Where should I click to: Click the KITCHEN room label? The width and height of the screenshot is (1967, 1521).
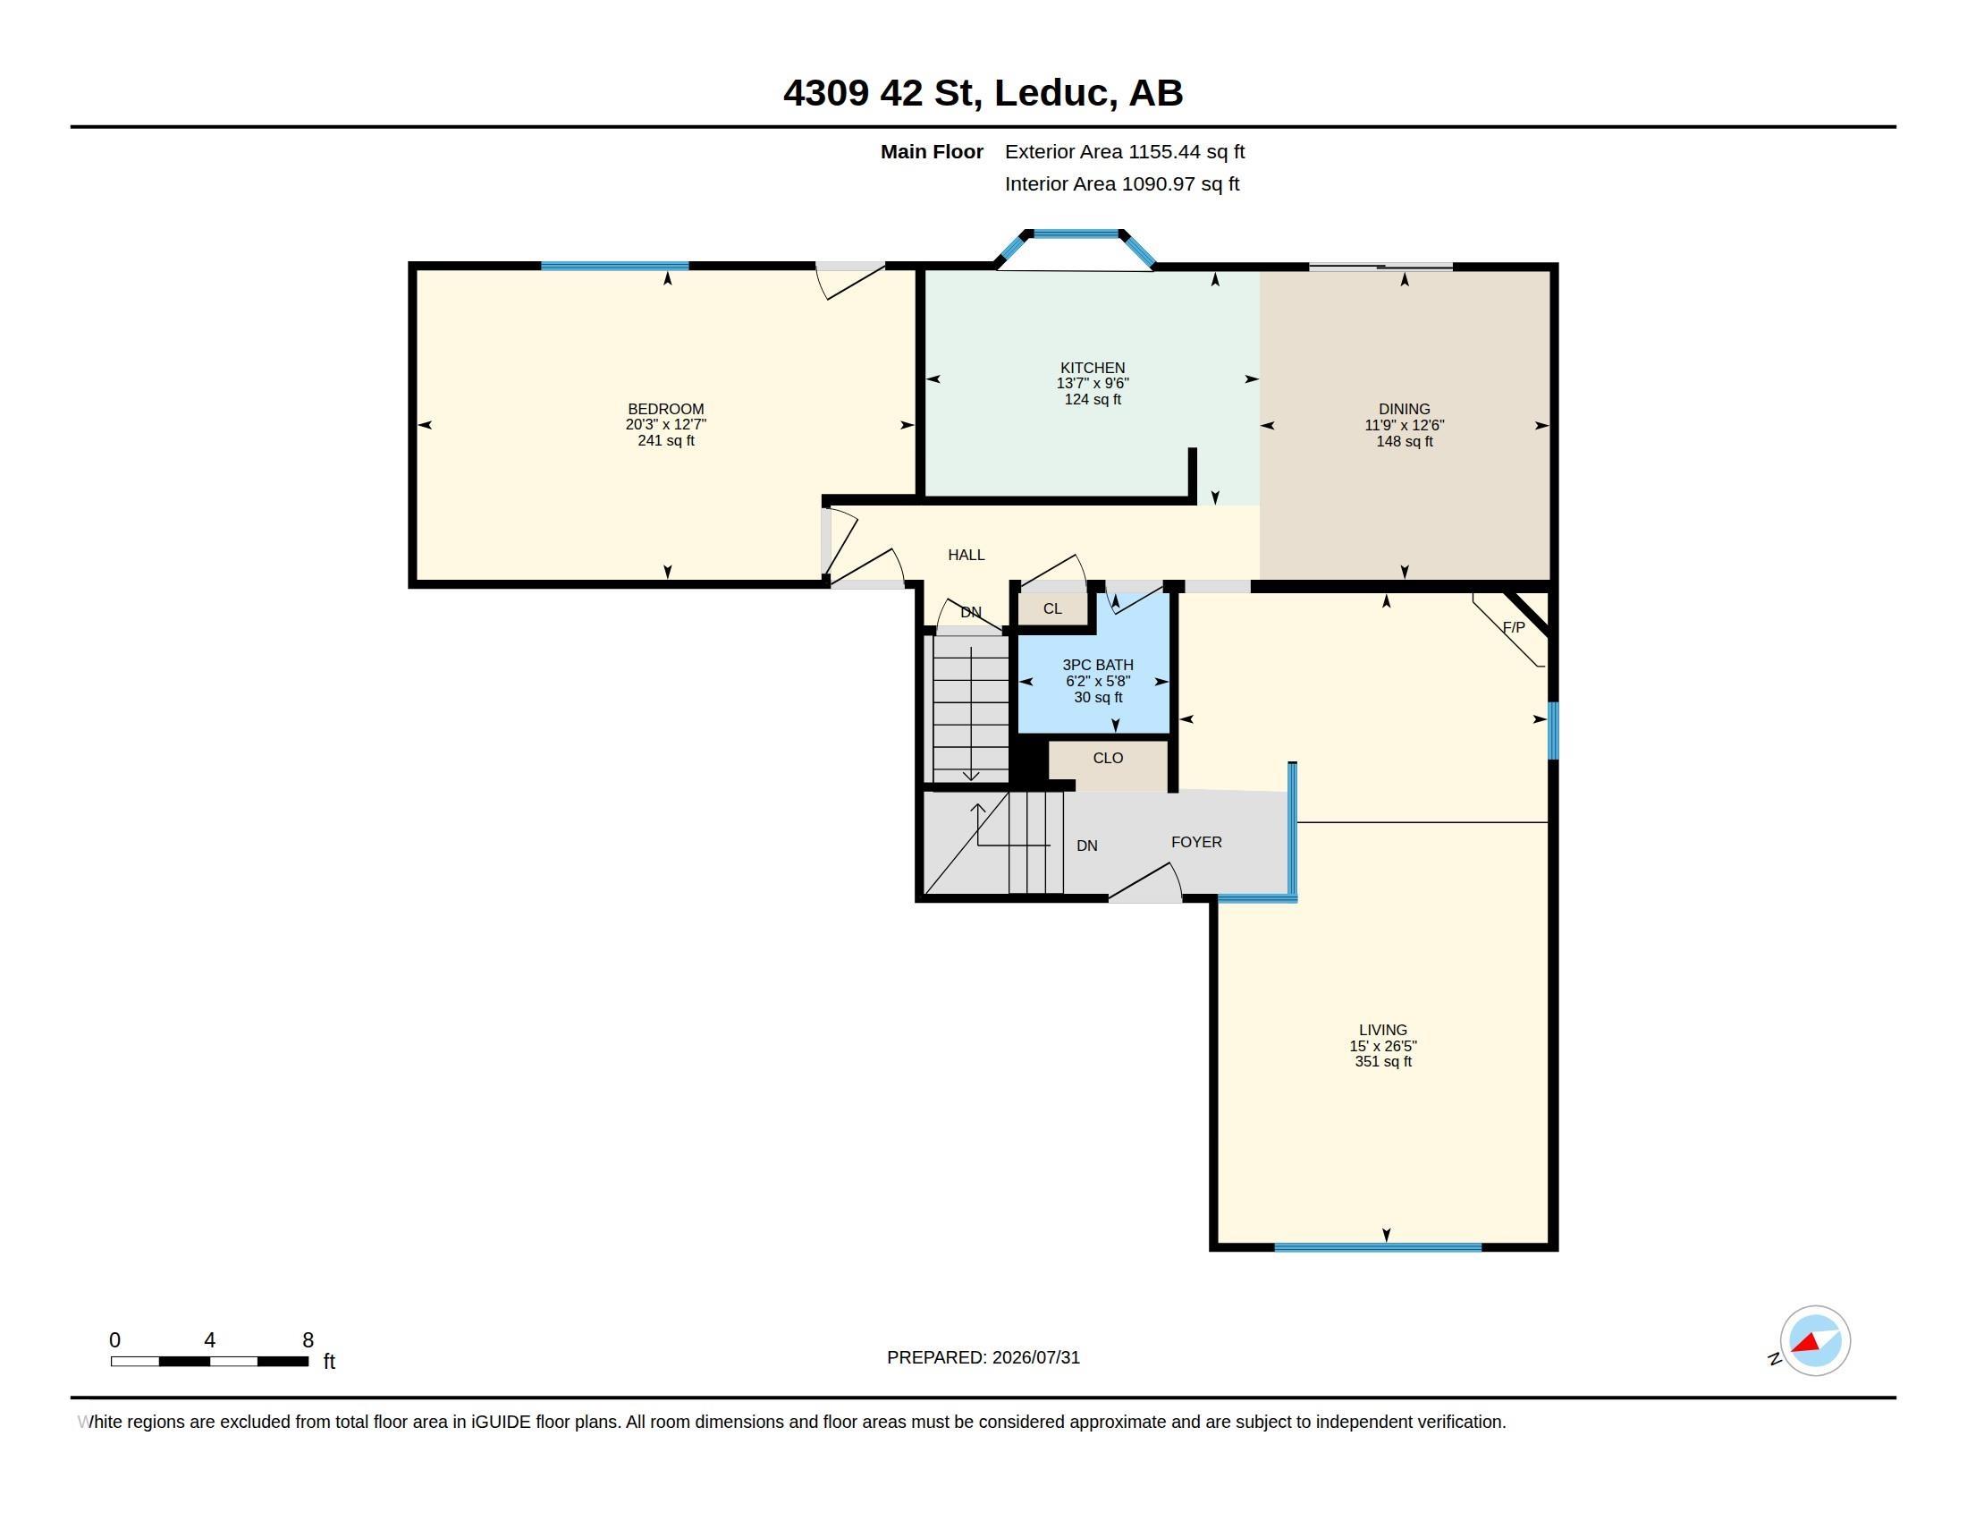click(x=1093, y=368)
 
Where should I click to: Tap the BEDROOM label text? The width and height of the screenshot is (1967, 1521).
click(x=665, y=409)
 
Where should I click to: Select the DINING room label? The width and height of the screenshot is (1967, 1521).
click(x=1404, y=409)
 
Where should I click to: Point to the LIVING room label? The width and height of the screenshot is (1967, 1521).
click(x=1382, y=1030)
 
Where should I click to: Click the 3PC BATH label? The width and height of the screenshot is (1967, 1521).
click(x=1098, y=665)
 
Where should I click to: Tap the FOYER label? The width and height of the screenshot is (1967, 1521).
click(x=1196, y=843)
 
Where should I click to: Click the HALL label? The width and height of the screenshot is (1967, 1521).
click(x=967, y=555)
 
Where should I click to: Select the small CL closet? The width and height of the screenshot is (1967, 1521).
click(x=1053, y=609)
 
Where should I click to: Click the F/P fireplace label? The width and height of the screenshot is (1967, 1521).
click(x=1514, y=627)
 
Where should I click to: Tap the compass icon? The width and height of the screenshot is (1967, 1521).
click(x=1815, y=1341)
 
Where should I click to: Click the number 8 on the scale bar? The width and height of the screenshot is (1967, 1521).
click(x=308, y=1340)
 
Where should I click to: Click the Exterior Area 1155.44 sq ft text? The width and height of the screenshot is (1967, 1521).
click(x=1125, y=152)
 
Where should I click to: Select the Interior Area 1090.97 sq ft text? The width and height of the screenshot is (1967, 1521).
click(x=1122, y=183)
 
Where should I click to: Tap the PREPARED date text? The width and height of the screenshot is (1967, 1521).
click(x=983, y=1358)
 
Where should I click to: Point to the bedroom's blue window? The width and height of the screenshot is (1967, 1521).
click(x=614, y=266)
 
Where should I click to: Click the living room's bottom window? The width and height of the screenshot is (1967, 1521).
click(x=1378, y=1247)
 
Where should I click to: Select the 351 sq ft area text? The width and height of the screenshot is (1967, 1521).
click(x=1382, y=1061)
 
